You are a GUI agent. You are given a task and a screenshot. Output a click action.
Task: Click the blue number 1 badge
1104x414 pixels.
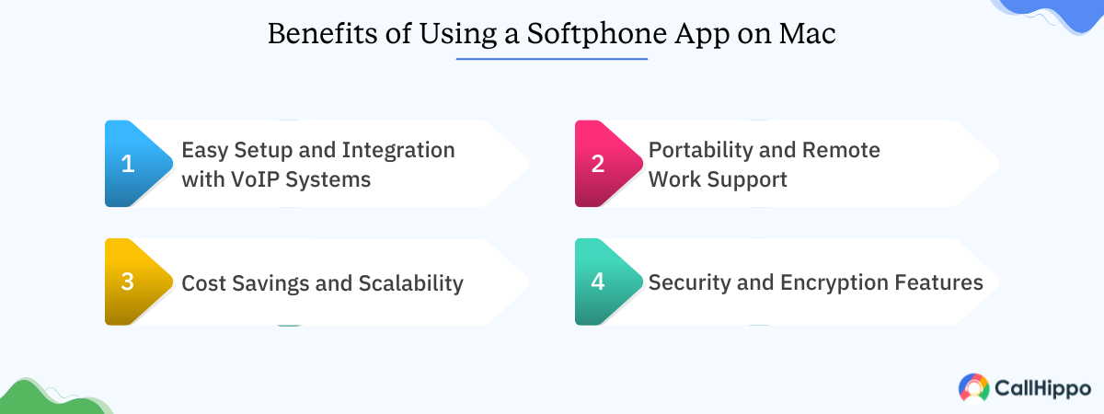click(134, 164)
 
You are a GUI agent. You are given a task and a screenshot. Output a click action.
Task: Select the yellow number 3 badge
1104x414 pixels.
click(134, 282)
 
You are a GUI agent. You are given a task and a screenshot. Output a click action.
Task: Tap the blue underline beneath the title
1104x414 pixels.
click(552, 59)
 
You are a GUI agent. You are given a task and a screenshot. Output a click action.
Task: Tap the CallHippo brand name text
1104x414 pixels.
click(1043, 388)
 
